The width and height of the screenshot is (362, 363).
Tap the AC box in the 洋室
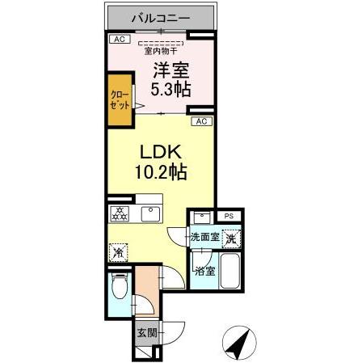click(x=118, y=39)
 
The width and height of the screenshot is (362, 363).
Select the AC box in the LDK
click(x=201, y=121)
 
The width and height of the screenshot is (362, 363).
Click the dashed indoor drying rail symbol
click(x=161, y=43)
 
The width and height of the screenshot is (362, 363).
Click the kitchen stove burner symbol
click(x=119, y=214)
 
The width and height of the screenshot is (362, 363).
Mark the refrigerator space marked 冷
click(x=118, y=251)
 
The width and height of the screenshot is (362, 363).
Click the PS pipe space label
click(x=229, y=216)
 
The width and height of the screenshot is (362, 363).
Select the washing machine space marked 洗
click(x=230, y=238)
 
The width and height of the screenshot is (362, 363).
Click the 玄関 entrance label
click(x=145, y=331)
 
